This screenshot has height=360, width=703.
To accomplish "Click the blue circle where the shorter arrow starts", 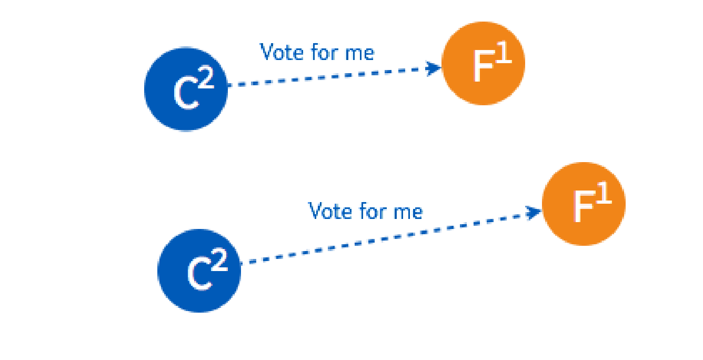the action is coord(186,89).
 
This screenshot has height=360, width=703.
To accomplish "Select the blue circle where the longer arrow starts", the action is coord(199,271).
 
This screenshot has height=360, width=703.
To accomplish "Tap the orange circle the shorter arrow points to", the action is coord(483,63).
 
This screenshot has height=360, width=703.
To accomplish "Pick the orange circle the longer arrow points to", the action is coord(583,204).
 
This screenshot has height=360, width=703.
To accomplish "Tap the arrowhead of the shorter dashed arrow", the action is coord(435,68).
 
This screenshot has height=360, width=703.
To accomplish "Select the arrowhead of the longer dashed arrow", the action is coord(535,213).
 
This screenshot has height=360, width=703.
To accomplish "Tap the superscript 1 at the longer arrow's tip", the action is coord(604,196).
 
